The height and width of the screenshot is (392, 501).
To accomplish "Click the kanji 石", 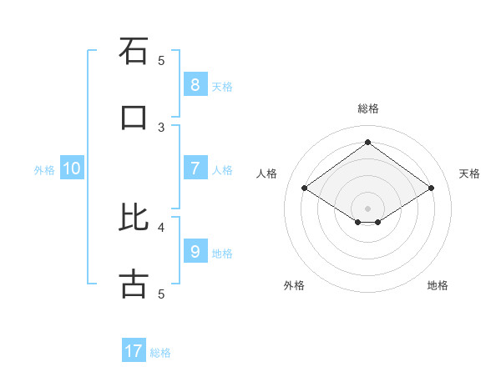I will tap(134, 51).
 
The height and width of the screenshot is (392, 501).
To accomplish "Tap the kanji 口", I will tap(134, 118).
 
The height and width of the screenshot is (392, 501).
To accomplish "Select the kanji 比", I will tap(134, 218).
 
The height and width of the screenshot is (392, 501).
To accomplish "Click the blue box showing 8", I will tap(195, 85).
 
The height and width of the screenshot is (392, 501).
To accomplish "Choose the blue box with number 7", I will tap(195, 168).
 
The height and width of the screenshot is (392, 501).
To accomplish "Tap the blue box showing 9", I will tap(195, 252).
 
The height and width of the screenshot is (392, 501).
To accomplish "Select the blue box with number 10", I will tap(72, 168).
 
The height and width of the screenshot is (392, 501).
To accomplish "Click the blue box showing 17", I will tap(134, 351).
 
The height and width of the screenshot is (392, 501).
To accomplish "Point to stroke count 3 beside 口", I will tap(161, 127).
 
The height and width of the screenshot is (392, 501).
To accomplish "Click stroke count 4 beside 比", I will tap(161, 226).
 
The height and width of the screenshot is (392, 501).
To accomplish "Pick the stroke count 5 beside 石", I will tap(161, 60).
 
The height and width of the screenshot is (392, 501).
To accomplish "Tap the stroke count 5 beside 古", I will tap(161, 294).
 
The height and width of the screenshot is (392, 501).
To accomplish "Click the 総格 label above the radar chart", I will tap(367, 108).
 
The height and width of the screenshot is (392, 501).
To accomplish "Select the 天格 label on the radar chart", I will tap(469, 173).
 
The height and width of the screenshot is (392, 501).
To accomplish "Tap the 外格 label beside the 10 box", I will tap(44, 170).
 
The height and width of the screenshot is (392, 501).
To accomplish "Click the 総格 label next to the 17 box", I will tap(160, 353).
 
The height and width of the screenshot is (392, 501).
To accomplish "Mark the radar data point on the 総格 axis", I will tap(367, 142).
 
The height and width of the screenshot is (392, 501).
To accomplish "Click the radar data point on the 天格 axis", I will tap(431, 188).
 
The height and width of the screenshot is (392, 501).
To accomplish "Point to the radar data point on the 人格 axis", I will tap(305, 188).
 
